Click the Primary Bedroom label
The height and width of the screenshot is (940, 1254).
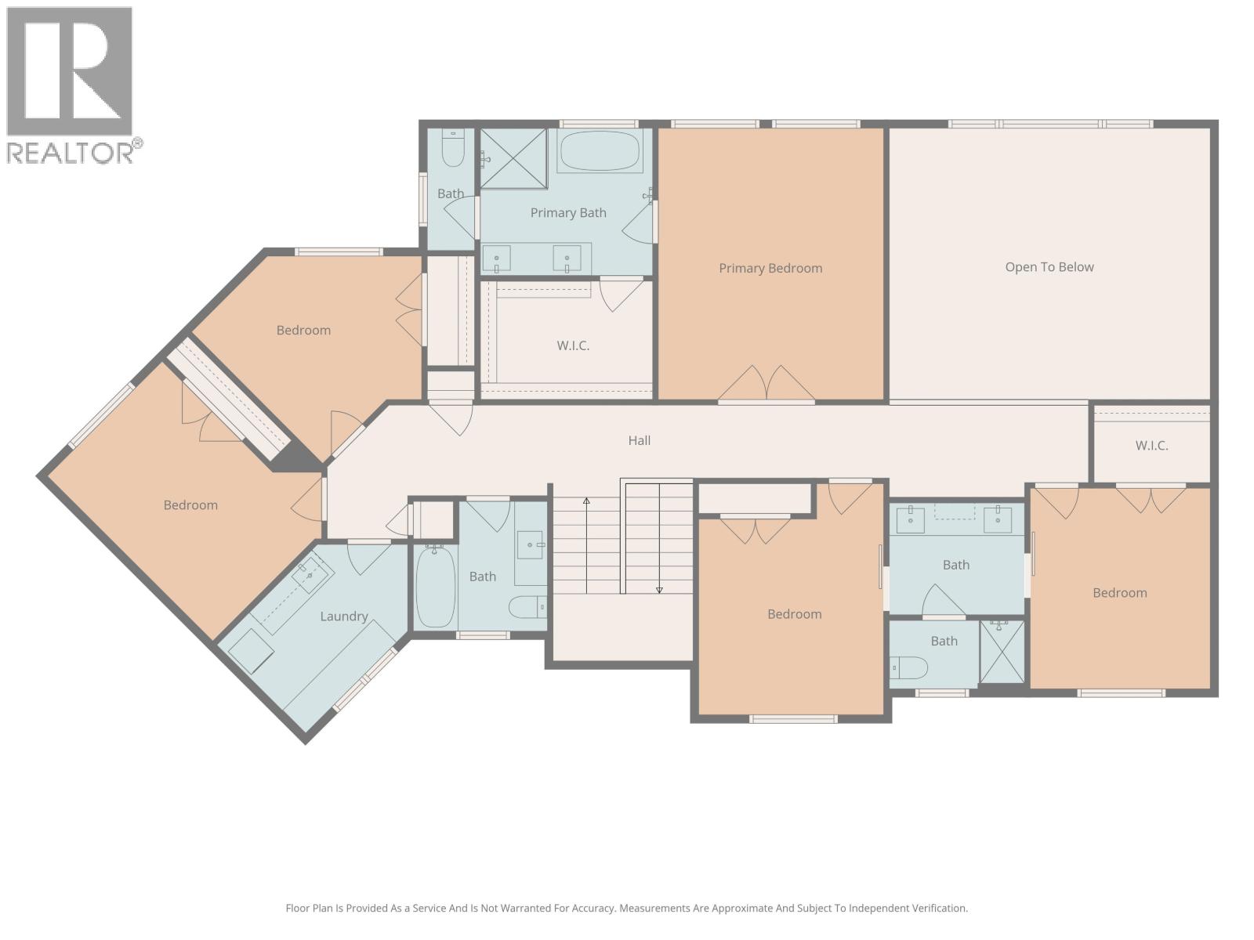[x=770, y=268]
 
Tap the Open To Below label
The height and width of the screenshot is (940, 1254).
[x=1049, y=267]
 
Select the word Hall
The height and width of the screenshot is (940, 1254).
[x=639, y=440]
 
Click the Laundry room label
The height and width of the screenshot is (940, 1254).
[x=343, y=616]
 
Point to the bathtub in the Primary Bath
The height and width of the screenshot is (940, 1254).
[x=600, y=151]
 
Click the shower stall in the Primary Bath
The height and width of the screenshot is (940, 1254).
[x=513, y=159]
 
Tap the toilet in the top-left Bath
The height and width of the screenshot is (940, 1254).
[x=453, y=150]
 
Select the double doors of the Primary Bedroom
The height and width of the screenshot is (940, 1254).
[x=767, y=384]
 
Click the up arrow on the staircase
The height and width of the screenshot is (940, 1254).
[x=586, y=501]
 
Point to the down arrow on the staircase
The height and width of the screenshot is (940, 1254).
[x=659, y=589]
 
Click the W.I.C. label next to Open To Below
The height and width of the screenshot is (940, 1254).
[x=1151, y=446]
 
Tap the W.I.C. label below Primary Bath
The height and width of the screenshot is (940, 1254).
[x=573, y=345]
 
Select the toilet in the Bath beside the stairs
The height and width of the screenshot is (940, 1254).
[x=527, y=606]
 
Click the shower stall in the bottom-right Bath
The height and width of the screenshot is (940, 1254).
[x=1002, y=652]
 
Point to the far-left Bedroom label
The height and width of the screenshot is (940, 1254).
[x=190, y=505]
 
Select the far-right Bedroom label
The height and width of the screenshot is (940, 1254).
[x=1119, y=593]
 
